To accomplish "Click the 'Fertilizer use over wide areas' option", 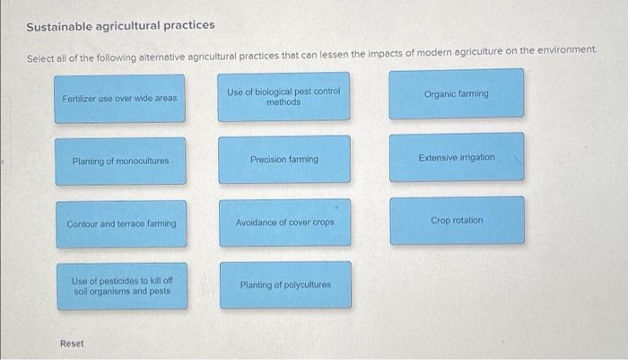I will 120,98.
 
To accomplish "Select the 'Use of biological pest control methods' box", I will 283,97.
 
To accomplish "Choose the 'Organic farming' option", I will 456,93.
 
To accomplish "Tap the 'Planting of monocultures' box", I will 120,161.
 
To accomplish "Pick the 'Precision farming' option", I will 283,160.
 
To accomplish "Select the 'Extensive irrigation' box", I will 456,157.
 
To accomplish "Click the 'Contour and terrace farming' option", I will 120,224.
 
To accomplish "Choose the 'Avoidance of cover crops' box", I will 283,222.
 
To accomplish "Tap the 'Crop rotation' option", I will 456,220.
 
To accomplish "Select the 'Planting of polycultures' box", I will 283,285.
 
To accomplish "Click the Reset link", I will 73,344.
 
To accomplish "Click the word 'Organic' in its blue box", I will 440,93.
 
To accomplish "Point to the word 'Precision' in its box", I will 268,160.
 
